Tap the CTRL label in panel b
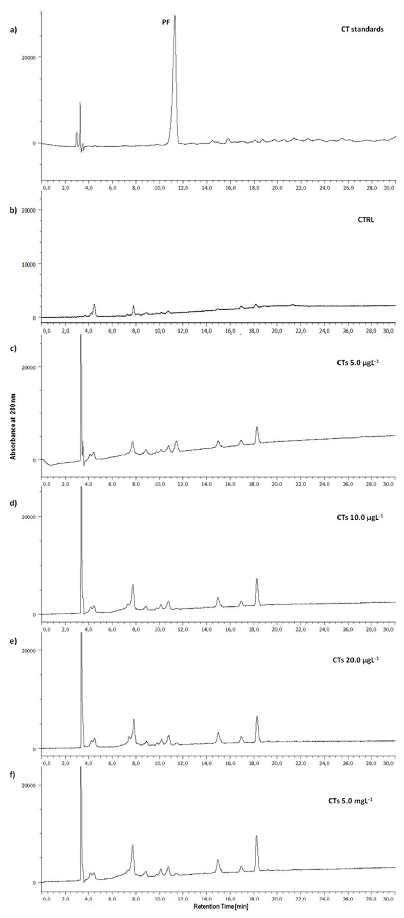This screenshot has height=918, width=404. (366, 220)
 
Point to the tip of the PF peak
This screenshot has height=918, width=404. (174, 16)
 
